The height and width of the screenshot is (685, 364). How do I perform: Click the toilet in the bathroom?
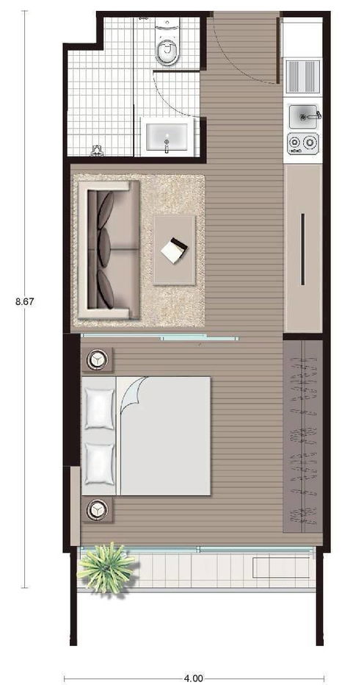[168, 49]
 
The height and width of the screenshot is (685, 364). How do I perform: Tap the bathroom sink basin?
[168, 137]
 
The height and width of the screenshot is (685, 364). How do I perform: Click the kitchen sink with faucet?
[303, 116]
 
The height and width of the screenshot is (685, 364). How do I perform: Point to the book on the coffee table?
[175, 251]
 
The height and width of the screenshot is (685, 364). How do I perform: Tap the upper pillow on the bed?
[99, 407]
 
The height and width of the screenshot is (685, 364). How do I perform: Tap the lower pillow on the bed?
[99, 463]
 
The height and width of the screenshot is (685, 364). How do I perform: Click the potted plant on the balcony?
[107, 567]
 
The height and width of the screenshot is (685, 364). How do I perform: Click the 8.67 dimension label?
[24, 301]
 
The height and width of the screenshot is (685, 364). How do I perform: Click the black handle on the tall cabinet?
[302, 248]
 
